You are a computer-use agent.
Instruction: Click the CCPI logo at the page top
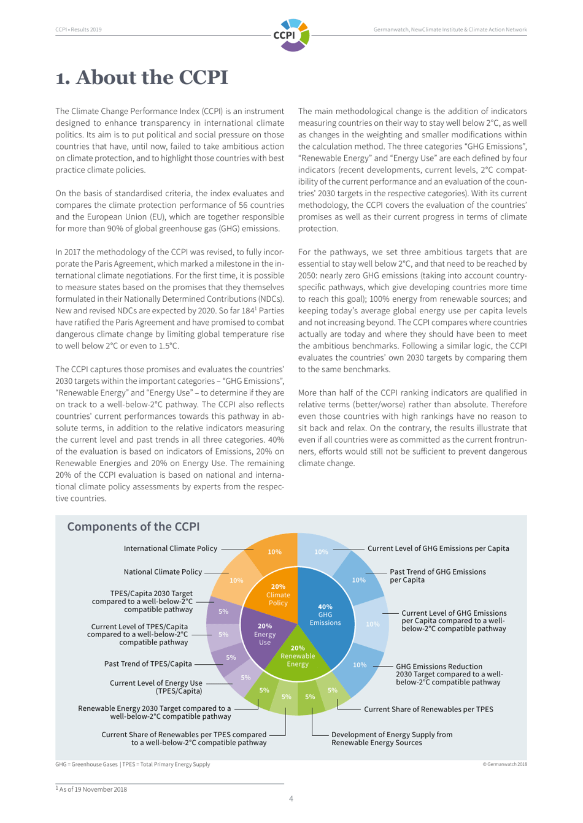(x=291, y=35)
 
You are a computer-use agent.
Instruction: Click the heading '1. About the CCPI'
(x=142, y=78)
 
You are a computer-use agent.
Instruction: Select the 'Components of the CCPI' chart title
(x=133, y=527)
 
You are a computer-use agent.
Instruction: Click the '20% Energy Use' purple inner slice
(x=264, y=634)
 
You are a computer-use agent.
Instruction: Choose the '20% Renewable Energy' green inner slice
(x=298, y=656)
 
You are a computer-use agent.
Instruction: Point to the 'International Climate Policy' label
(x=170, y=549)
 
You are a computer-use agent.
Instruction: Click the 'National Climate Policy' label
(x=163, y=572)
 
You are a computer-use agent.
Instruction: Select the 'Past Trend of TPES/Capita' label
(x=148, y=664)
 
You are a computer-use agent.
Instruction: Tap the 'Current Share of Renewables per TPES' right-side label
(x=428, y=710)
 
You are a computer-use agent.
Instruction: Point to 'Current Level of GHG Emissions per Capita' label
(x=438, y=549)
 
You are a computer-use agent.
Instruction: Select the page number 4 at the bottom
(x=291, y=798)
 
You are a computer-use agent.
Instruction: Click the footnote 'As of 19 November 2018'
(x=93, y=789)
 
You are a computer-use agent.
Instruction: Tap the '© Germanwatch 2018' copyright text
(x=504, y=764)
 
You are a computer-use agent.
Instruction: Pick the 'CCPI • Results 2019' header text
(x=79, y=29)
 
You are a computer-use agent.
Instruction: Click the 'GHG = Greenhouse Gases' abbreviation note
(x=87, y=764)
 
